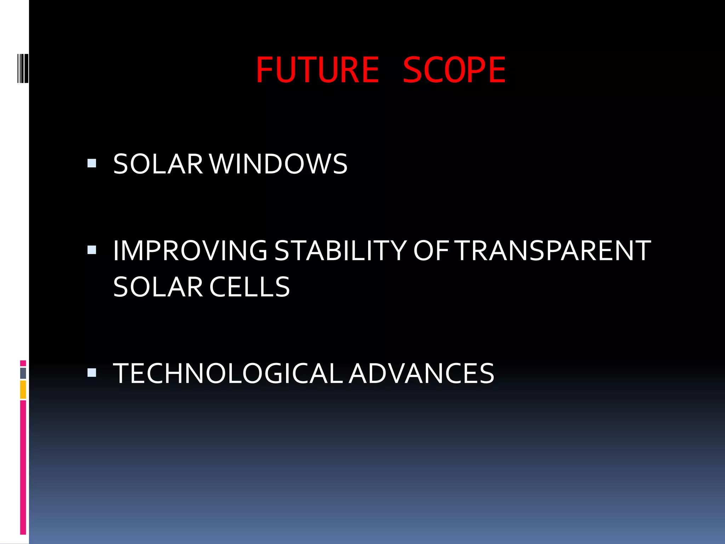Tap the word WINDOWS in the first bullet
(x=279, y=164)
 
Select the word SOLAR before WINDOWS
(x=158, y=164)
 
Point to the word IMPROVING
(x=190, y=251)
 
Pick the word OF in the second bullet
(x=431, y=251)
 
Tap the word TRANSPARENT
(x=554, y=251)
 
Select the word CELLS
(x=250, y=287)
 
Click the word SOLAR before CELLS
(x=158, y=287)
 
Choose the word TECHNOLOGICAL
(x=228, y=373)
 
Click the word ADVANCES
(x=421, y=373)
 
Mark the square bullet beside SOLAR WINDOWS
(x=92, y=163)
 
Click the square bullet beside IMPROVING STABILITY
(x=92, y=250)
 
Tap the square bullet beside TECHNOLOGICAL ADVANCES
(x=92, y=373)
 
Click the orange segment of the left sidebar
(x=23, y=390)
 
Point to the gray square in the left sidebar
(x=23, y=373)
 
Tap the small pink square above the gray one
(x=23, y=363)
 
